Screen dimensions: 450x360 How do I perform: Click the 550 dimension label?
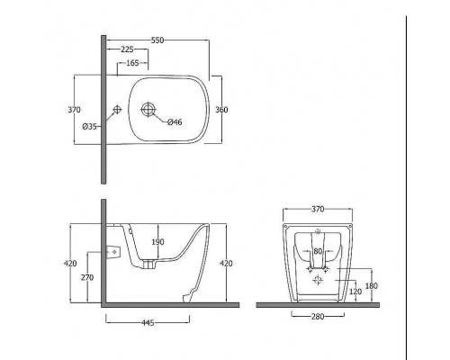click(x=157, y=40)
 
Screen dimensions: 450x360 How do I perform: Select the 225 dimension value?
click(x=127, y=49)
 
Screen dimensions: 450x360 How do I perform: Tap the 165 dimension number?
click(x=132, y=63)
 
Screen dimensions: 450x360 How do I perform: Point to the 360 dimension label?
click(x=221, y=110)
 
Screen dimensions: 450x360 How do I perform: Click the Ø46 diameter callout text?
click(x=175, y=122)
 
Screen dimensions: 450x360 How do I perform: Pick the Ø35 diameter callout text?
click(x=89, y=127)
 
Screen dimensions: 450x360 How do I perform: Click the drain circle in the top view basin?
click(x=148, y=109)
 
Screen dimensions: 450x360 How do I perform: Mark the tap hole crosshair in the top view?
click(x=117, y=110)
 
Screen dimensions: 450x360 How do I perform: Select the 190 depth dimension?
click(x=157, y=242)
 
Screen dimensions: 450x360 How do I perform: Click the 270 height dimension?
click(x=87, y=278)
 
